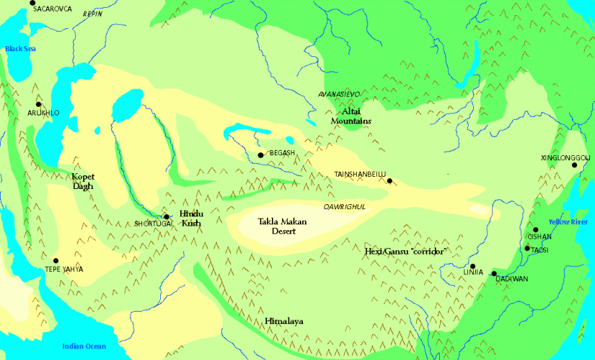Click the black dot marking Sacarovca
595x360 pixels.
[32, 4]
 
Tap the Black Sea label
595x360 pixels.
[20, 49]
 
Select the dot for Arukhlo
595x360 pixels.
[38, 105]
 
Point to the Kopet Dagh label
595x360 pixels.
[83, 180]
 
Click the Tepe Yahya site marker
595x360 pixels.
[56, 260]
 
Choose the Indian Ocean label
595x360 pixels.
[84, 346]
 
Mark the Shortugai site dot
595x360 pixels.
[166, 216]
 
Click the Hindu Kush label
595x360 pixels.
[191, 219]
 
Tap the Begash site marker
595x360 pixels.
[260, 155]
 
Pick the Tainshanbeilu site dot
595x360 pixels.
[389, 181]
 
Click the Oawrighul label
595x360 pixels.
[345, 206]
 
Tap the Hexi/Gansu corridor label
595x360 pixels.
[403, 251]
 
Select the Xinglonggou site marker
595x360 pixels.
[575, 166]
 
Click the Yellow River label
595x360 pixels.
[569, 221]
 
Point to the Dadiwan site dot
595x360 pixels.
[494, 273]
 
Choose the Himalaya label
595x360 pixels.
[282, 321]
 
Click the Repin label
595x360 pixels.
[93, 14]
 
